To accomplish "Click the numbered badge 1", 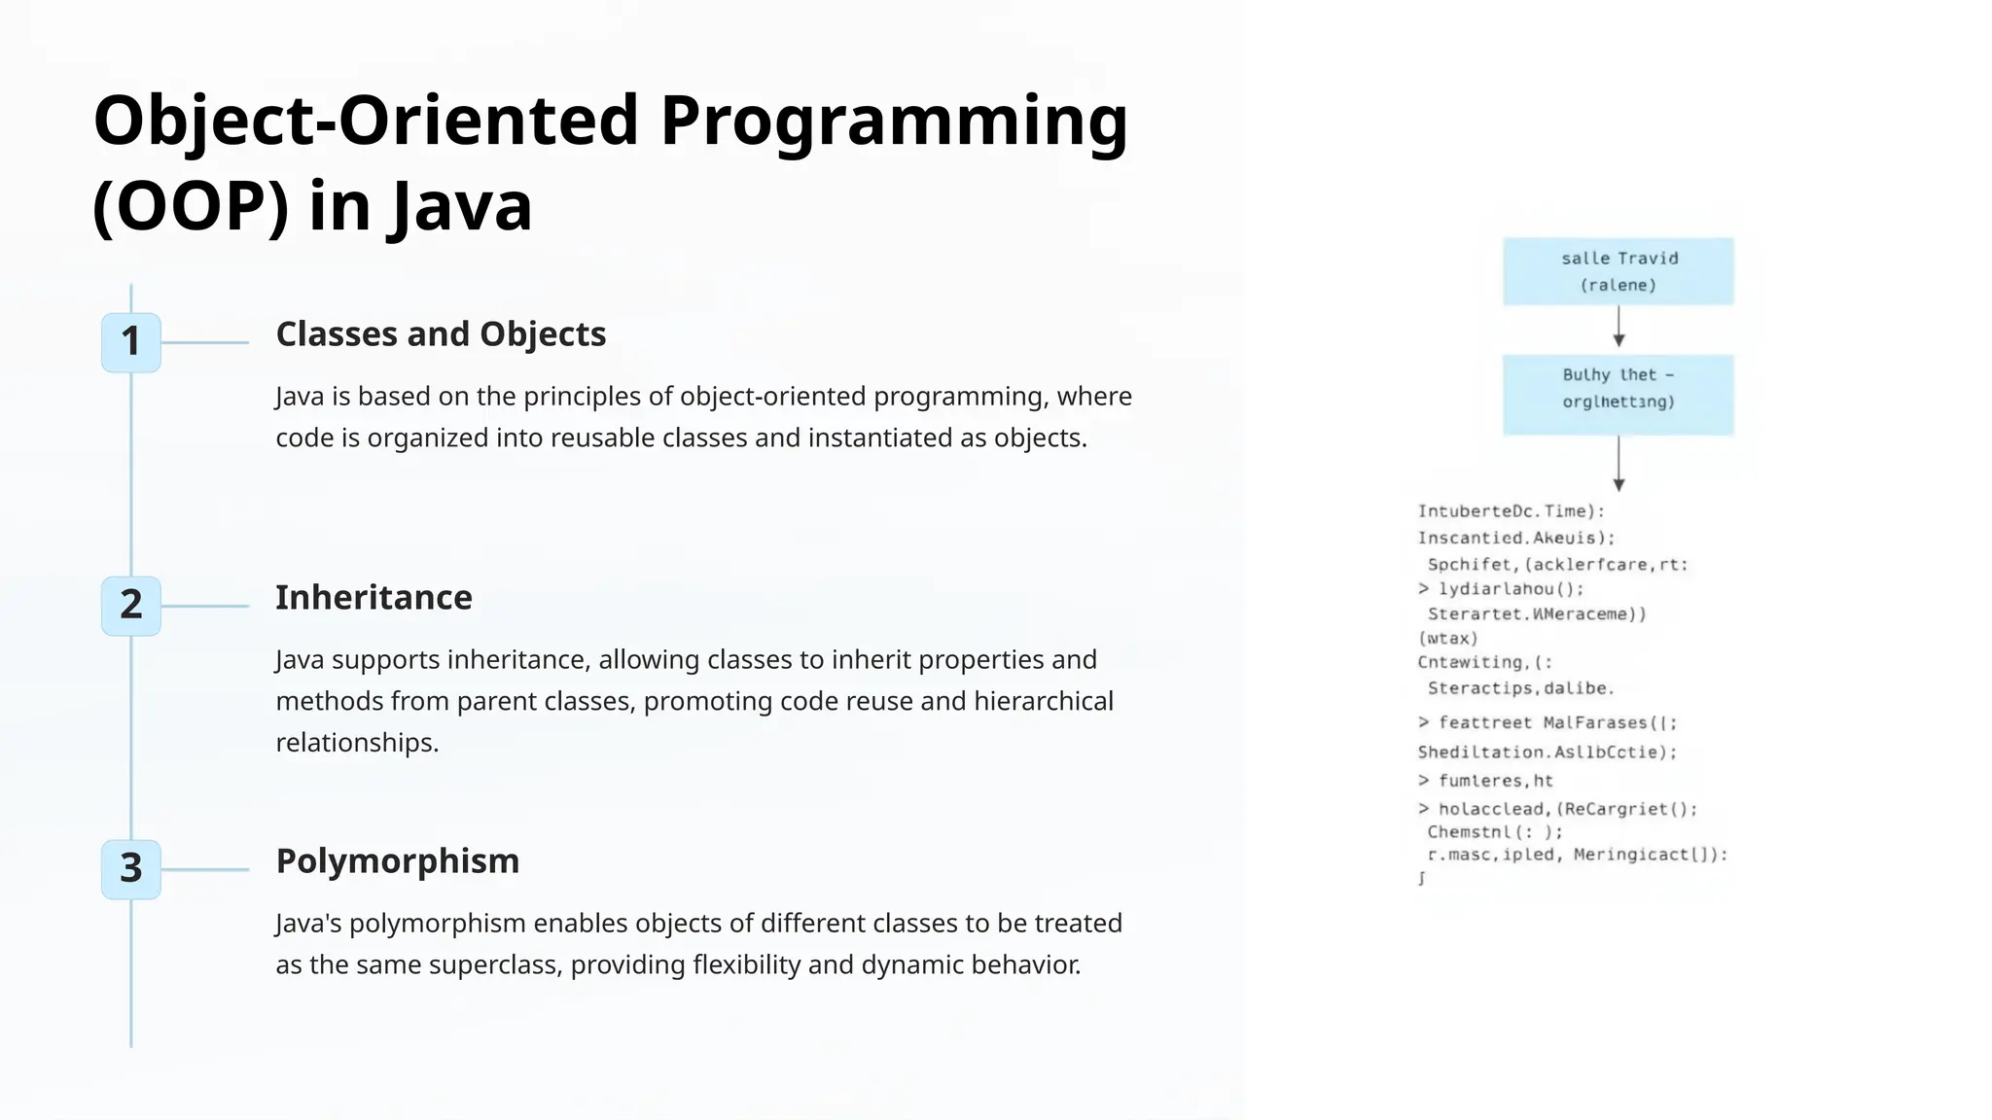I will point(131,342).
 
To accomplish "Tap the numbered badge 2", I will point(131,606).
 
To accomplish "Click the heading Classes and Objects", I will point(441,334).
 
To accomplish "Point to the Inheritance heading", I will point(373,598).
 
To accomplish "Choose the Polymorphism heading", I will point(397,861).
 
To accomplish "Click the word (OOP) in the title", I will point(192,206).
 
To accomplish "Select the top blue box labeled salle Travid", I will point(1618,271).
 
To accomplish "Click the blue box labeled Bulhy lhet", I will point(1618,394).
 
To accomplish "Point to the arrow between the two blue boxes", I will point(1618,328).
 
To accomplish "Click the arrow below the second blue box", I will point(1618,464).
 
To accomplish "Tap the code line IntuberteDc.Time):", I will point(1510,511).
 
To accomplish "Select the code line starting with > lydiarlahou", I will point(1501,589).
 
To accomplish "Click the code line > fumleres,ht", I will point(1485,781).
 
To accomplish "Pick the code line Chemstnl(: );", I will point(1494,832).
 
